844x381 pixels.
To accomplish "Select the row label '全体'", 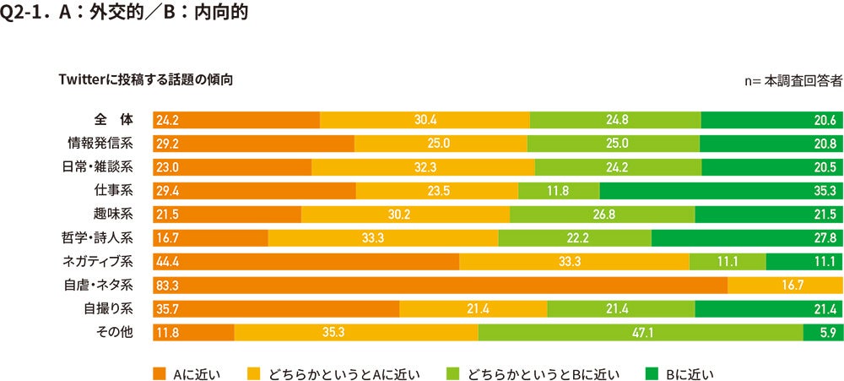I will (x=110, y=119).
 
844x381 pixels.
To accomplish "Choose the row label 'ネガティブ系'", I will (x=99, y=261).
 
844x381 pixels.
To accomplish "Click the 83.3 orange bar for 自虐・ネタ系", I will (x=439, y=286).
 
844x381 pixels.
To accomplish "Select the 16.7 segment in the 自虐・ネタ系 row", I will (x=785, y=286).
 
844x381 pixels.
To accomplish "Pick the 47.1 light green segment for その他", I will (x=641, y=333).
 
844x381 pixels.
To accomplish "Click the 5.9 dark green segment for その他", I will (x=823, y=333).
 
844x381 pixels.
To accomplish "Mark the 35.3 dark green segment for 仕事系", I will (x=721, y=191).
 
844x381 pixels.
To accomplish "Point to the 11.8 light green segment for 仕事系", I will (x=558, y=191).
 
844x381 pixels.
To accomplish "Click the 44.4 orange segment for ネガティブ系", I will (x=306, y=262).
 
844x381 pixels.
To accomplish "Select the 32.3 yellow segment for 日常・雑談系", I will (x=423, y=167).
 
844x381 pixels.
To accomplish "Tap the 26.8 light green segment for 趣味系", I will (x=602, y=215).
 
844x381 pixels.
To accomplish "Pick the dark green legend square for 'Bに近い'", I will (x=650, y=373).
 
